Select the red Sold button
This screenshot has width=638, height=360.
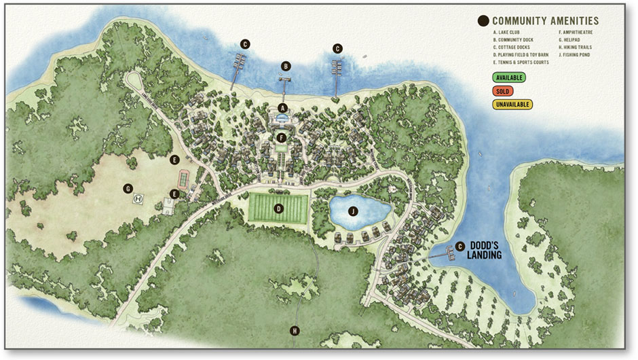point(504,91)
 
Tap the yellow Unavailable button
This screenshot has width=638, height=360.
point(513,105)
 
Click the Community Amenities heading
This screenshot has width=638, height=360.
point(546,21)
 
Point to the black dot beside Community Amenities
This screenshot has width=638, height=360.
point(484,21)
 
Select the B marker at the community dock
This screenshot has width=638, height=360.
point(286,66)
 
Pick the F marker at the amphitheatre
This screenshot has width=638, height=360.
point(282,139)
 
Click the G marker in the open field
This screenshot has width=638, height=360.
point(127,188)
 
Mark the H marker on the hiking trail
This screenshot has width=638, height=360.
point(295,331)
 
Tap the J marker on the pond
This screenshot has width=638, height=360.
point(352,211)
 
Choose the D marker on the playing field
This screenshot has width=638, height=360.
point(278,209)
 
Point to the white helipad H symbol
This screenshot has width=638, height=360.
point(139,199)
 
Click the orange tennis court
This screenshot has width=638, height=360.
point(183,179)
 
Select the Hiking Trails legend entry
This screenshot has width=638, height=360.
point(576,48)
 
